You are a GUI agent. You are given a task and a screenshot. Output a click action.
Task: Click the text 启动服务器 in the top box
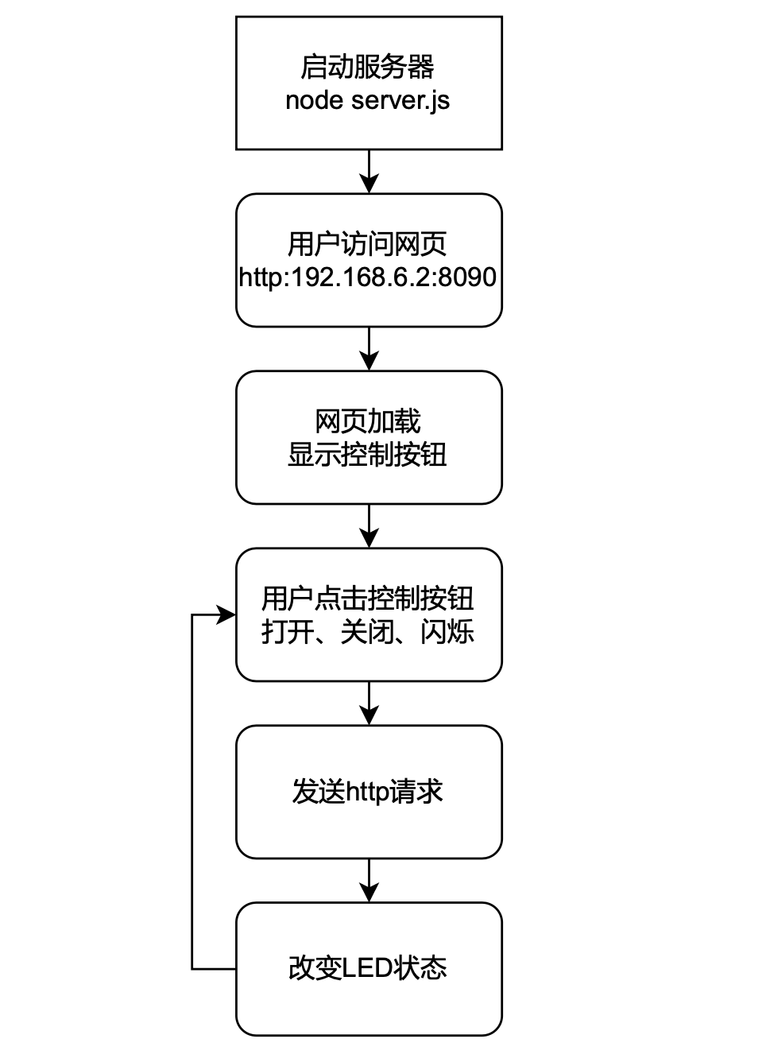(x=367, y=67)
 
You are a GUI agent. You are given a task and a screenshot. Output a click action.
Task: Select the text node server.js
(x=367, y=100)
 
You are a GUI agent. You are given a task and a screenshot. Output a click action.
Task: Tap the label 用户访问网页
(x=367, y=244)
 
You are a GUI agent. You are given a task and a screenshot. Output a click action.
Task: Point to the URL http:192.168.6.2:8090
(x=367, y=277)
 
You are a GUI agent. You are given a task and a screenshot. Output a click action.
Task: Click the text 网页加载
(x=367, y=421)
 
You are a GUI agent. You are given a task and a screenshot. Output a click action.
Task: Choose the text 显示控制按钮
(x=367, y=455)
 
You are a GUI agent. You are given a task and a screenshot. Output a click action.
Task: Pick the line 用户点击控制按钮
(x=367, y=599)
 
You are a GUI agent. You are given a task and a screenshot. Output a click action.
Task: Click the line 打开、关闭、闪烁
(x=367, y=632)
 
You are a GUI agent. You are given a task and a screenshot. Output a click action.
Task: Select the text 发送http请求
(x=367, y=792)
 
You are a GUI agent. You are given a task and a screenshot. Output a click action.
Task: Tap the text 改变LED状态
(x=367, y=969)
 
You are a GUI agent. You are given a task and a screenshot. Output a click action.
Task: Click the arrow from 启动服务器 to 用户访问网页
(x=369, y=172)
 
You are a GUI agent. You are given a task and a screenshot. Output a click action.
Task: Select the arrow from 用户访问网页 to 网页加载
(x=369, y=349)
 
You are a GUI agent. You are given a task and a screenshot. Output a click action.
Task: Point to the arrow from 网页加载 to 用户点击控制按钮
(x=369, y=526)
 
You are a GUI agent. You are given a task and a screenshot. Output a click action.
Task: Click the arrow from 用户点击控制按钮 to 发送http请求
(x=369, y=703)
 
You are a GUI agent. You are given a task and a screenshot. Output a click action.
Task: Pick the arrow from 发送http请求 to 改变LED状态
(x=369, y=881)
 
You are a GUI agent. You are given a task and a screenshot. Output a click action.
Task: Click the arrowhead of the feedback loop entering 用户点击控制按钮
(x=226, y=615)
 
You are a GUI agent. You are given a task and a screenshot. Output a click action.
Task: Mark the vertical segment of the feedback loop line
(x=192, y=792)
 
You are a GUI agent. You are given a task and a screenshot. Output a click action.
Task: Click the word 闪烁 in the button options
(x=447, y=632)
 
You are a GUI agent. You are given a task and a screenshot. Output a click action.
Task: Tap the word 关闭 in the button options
(x=367, y=632)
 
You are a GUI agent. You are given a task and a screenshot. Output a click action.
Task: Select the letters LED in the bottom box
(x=367, y=969)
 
